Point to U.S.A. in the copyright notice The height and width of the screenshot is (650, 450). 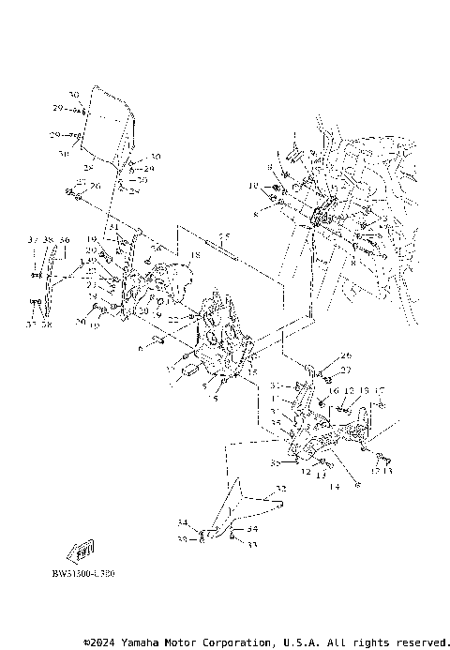coord(290,642)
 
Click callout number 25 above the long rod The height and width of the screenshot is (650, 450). coord(223,235)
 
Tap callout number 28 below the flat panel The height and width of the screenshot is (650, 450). coord(89,168)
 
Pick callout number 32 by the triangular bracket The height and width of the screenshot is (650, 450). coord(279,490)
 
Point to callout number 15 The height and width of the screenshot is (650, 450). coord(251,372)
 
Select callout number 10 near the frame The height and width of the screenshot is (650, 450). coord(252,187)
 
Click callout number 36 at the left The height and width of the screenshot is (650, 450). coord(64,240)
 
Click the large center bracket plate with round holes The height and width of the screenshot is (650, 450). coord(218,347)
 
